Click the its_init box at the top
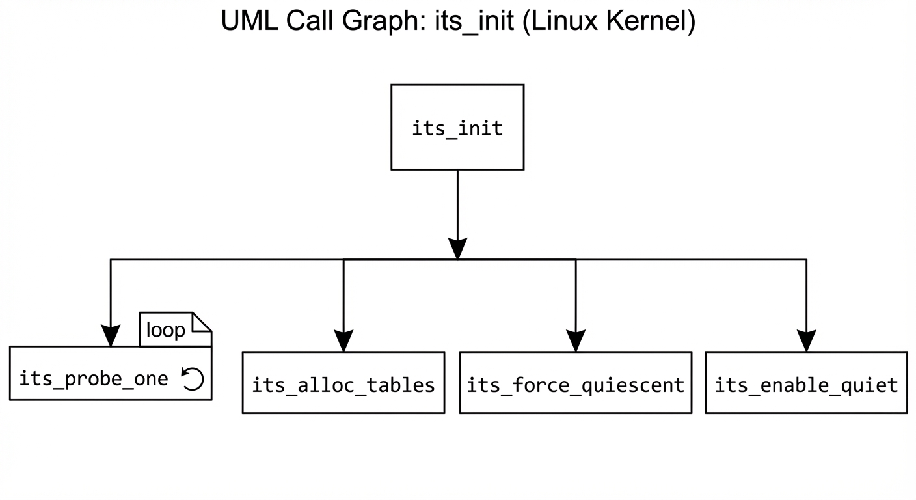click(x=457, y=127)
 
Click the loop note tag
click(x=166, y=330)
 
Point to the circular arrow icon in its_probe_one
click(x=193, y=378)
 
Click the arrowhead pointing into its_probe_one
click(x=111, y=336)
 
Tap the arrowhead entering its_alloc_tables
click(x=343, y=340)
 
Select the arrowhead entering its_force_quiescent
click(x=576, y=340)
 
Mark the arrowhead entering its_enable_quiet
click(x=806, y=340)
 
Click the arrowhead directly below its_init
click(x=457, y=249)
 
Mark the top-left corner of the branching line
click(x=111, y=260)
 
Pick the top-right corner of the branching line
click(x=806, y=260)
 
